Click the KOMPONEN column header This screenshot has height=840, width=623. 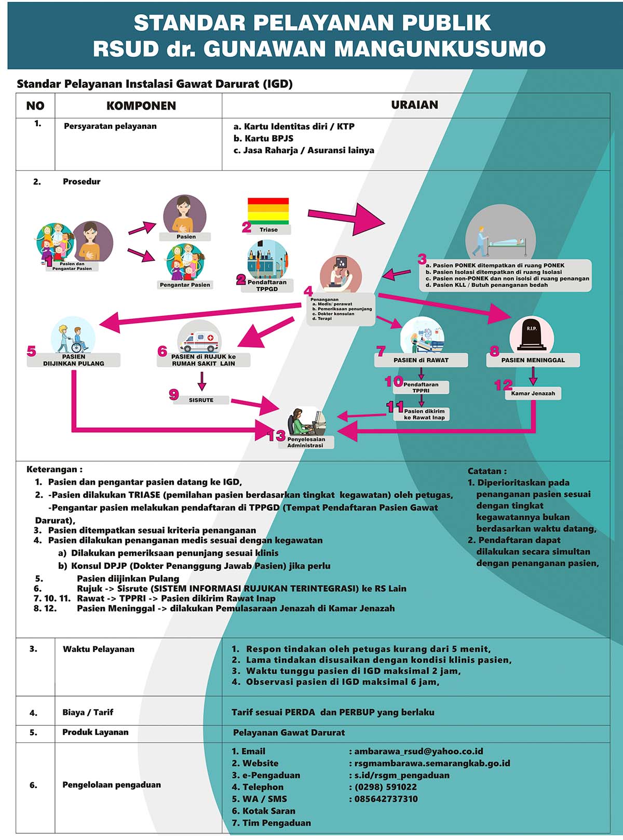(141, 105)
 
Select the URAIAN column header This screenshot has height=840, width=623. (414, 105)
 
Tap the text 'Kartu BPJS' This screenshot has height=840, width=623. (263, 138)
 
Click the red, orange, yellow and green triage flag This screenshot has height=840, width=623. (268, 211)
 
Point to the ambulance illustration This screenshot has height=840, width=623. (199, 341)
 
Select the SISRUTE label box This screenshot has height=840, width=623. (201, 400)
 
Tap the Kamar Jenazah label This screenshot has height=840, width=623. (533, 393)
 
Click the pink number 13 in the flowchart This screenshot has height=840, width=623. (276, 436)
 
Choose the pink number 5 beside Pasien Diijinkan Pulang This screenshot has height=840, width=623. (32, 351)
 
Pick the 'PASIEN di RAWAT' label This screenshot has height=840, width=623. (421, 360)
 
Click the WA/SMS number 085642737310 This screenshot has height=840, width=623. (386, 799)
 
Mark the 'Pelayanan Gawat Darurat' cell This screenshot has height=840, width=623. (289, 732)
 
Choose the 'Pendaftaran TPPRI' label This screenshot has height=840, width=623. (421, 388)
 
